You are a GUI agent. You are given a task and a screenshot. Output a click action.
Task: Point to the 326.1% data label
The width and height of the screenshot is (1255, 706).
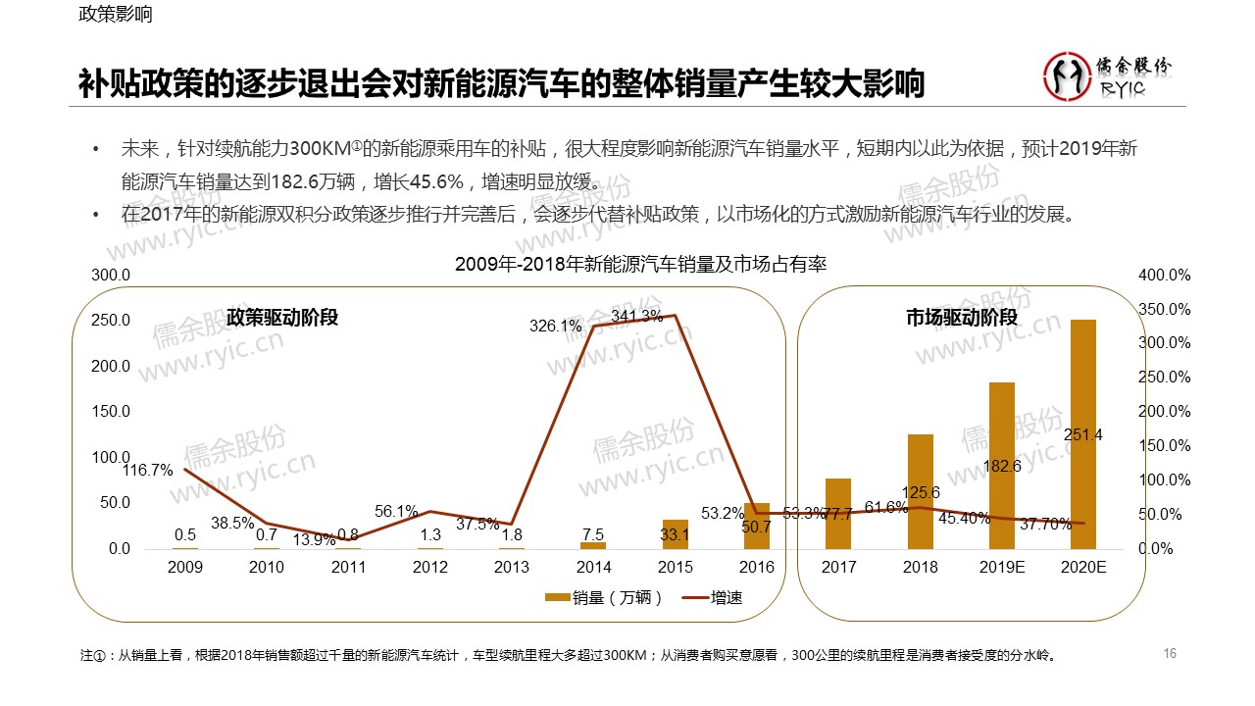(555, 327)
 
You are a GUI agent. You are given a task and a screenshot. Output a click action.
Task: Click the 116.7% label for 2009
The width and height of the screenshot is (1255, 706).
(147, 471)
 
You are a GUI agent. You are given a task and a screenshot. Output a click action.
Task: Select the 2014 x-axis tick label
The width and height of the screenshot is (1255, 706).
(593, 567)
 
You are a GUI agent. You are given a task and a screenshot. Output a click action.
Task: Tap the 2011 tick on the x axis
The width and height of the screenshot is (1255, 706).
(348, 567)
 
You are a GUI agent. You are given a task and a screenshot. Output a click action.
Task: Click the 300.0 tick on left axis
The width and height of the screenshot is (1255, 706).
(111, 276)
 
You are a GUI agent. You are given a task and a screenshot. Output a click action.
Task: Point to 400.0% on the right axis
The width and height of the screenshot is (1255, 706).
(1165, 276)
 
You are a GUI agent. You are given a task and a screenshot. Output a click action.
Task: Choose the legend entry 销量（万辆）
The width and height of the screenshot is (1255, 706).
(605, 597)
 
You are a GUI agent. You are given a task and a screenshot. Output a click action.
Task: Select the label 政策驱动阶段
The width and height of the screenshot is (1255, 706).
(282, 318)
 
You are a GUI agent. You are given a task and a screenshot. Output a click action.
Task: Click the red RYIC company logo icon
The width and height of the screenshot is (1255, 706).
(1066, 77)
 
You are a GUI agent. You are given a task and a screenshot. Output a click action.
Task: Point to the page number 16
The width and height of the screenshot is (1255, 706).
(1169, 653)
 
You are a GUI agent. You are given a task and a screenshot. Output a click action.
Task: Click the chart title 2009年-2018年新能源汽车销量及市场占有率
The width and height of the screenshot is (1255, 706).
(641, 265)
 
